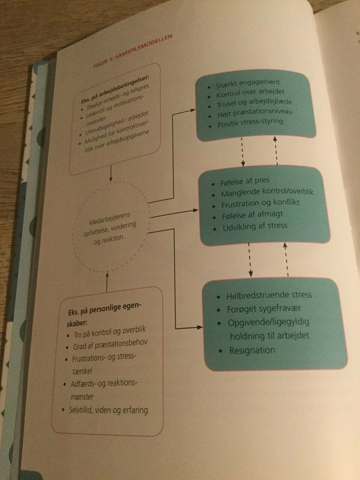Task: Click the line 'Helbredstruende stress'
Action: pyautogui.click(x=269, y=295)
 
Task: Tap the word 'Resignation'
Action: pyautogui.click(x=252, y=350)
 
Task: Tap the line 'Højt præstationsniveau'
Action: pyautogui.click(x=255, y=112)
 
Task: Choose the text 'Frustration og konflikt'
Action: pyautogui.click(x=260, y=204)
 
